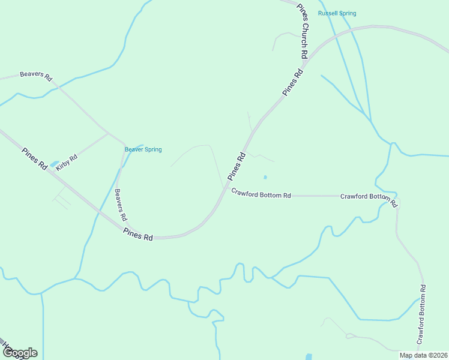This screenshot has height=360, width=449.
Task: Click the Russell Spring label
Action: pyautogui.click(x=337, y=13)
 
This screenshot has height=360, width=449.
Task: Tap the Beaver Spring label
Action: pyautogui.click(x=143, y=149)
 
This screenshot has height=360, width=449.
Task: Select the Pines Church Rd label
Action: pyautogui.click(x=303, y=31)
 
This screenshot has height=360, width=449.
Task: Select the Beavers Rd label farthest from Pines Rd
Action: pyautogui.click(x=36, y=76)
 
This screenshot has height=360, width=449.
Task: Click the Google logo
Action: pyautogui.click(x=20, y=353)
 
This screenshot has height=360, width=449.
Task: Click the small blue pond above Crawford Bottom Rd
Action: pyautogui.click(x=265, y=177)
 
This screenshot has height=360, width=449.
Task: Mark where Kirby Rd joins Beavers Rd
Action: pyautogui.click(x=108, y=133)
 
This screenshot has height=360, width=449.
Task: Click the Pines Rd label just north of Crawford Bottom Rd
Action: pyautogui.click(x=237, y=166)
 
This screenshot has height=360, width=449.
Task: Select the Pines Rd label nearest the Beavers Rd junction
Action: pyautogui.click(x=137, y=234)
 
